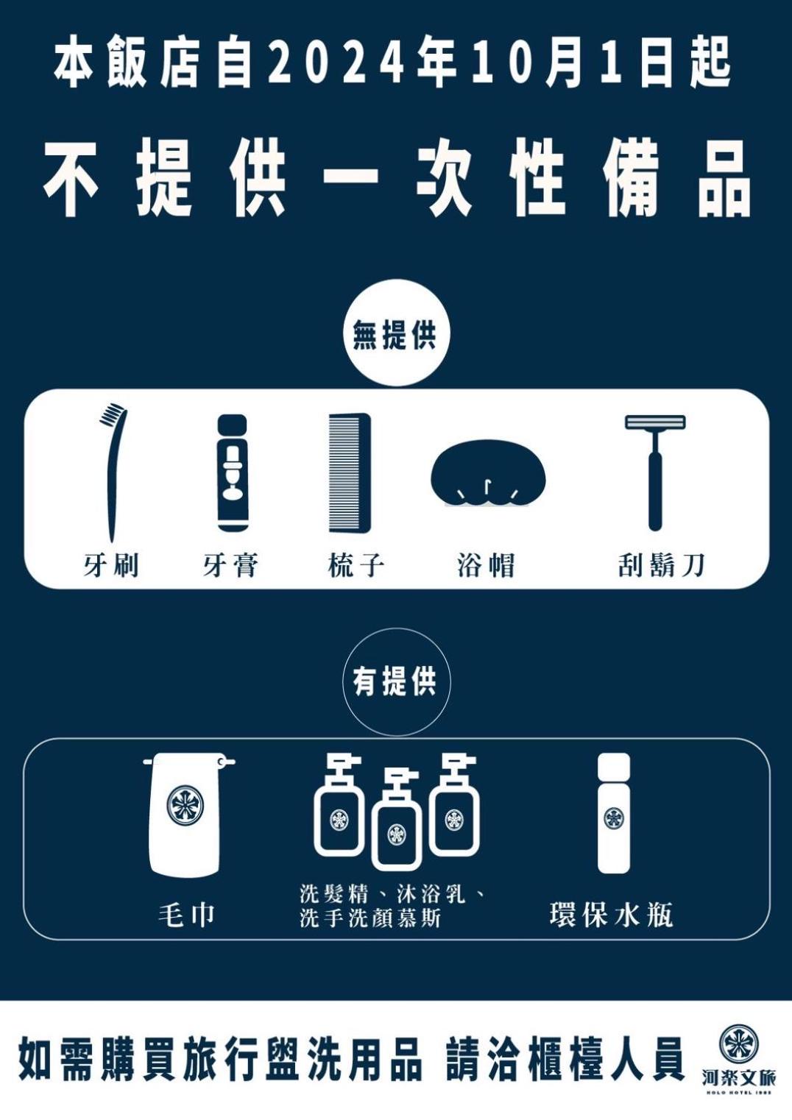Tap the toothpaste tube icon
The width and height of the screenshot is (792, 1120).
tap(233, 473)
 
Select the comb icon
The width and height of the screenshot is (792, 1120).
tap(350, 473)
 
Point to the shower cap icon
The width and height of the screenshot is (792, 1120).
tap(488, 473)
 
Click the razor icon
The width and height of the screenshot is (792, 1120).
tap(655, 472)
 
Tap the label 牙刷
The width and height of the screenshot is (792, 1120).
tap(110, 565)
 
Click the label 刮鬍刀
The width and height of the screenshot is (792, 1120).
tap(661, 565)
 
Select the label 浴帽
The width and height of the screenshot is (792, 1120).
tap(486, 565)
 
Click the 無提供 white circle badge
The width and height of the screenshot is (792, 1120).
tap(396, 333)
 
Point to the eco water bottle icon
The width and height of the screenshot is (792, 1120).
tap(613, 813)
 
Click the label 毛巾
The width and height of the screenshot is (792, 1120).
tap(186, 915)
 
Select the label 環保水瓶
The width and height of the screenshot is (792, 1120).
tap(611, 915)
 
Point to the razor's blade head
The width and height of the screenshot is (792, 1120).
tap(655, 422)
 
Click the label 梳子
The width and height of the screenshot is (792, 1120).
tap(356, 565)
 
